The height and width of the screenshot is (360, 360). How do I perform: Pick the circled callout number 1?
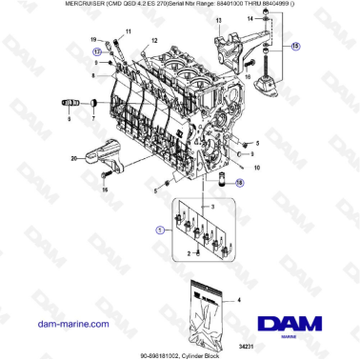[159, 230]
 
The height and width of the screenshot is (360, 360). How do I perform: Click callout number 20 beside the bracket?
[73, 158]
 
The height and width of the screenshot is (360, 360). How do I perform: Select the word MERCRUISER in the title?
[35, 5]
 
